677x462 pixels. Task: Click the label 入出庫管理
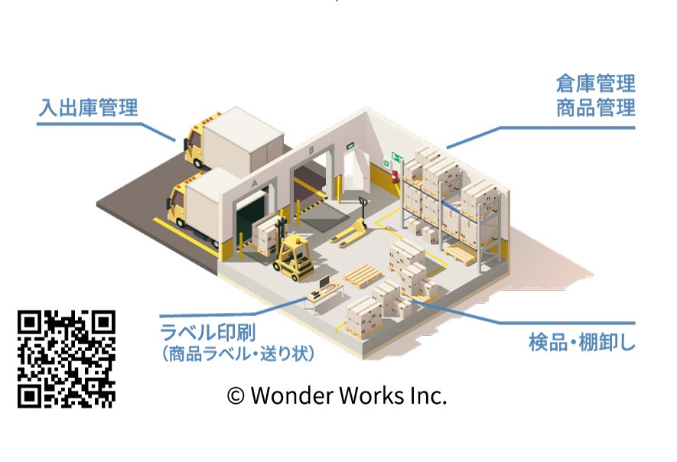[x=89, y=108]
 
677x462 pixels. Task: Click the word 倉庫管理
[x=595, y=83]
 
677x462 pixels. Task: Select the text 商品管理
[x=595, y=108]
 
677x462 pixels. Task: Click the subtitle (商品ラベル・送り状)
[x=238, y=354]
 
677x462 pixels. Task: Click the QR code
[x=67, y=358]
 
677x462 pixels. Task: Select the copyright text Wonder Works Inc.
[x=337, y=395]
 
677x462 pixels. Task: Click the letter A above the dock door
[x=254, y=184]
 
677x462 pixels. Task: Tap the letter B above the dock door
[x=310, y=151]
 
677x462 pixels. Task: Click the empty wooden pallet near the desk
[x=361, y=276]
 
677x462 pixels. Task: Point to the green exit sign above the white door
[x=350, y=144]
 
